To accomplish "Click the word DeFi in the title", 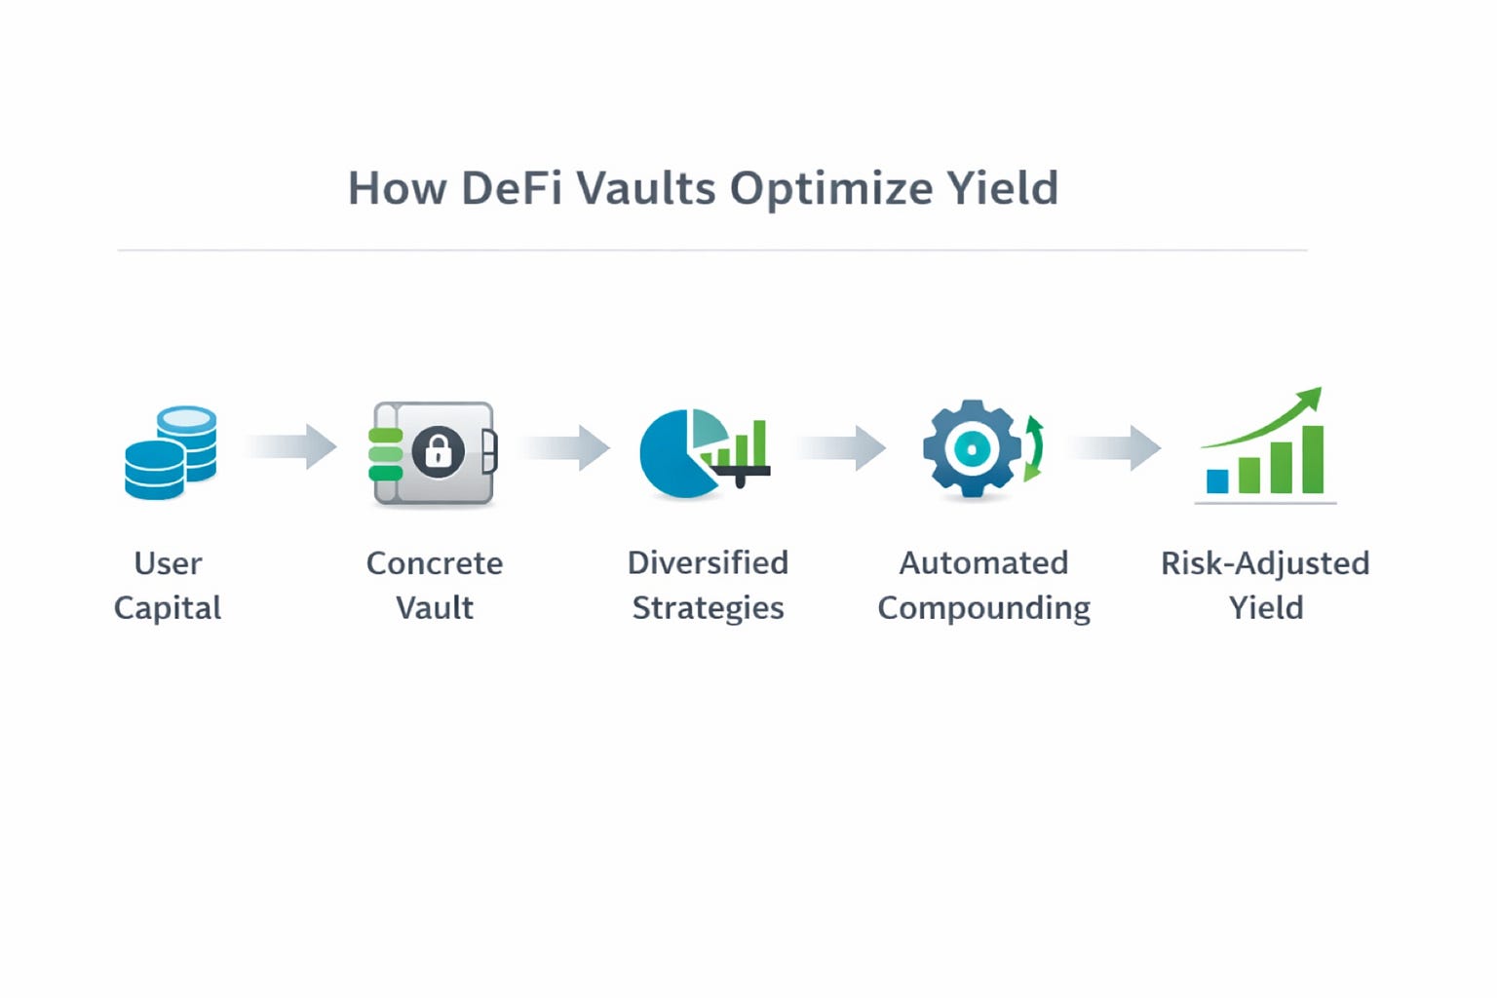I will [x=512, y=188].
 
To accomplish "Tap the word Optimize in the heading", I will [x=830, y=188].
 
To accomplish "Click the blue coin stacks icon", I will [x=171, y=452].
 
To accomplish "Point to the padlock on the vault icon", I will [x=438, y=451].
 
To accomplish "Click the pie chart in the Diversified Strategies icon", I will [x=674, y=455].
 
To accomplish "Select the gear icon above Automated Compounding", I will [x=972, y=448].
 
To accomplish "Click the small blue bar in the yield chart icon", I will [x=1217, y=480].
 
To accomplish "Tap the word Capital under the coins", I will [x=168, y=608].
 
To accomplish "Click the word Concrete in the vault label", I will [x=435, y=563].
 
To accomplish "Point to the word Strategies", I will [x=708, y=608].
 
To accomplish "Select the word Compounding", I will [x=983, y=608].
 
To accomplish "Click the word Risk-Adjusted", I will [x=1265, y=563].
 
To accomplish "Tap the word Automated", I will [x=983, y=563].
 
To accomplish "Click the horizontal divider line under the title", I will [x=711, y=250].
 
